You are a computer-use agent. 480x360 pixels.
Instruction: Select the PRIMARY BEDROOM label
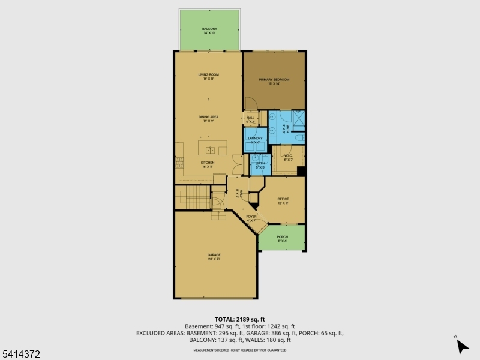[x=274, y=80]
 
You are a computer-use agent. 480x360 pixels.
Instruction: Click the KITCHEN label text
[x=208, y=163]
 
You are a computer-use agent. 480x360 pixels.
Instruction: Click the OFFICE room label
[x=283, y=199]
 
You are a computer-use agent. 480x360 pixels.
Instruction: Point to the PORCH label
[x=282, y=237]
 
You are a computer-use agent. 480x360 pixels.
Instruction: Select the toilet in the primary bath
[x=298, y=138]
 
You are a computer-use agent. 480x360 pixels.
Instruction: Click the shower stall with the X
[x=299, y=117]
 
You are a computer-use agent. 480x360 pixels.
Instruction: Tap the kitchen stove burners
[x=179, y=162]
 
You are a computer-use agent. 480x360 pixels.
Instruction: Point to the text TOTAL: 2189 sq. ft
[x=239, y=319]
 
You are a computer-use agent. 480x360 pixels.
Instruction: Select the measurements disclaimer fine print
[x=239, y=350]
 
